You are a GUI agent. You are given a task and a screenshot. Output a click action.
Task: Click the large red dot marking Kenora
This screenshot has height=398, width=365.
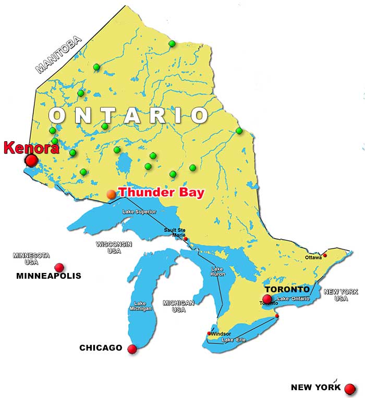coord(32,160)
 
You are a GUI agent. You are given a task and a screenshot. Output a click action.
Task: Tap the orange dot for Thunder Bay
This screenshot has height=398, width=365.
coord(111,194)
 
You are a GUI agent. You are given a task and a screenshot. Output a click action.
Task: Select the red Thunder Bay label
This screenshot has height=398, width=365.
coord(162,192)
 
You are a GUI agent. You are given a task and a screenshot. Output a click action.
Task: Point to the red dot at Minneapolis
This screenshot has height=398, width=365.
coord(59,267)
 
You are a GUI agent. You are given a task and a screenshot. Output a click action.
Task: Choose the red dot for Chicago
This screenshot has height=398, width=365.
coord(132,349)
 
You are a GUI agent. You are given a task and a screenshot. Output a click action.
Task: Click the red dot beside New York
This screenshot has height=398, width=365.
coord(350,389)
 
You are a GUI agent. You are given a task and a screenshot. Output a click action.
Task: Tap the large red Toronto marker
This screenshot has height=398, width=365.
coord(267,299)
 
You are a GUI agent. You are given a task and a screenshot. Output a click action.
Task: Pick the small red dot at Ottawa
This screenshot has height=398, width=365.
coord(325,255)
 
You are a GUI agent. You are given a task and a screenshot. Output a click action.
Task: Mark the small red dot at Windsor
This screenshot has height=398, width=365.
coord(210,333)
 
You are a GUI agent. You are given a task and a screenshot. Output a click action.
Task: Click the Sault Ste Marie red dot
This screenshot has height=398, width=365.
coord(186,239)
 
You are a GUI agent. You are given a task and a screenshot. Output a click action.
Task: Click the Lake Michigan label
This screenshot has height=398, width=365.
coord(140,306)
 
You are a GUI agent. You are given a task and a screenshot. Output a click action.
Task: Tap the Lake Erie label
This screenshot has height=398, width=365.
coord(234,340)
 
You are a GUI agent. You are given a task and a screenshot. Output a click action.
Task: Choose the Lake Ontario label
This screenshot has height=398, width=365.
coord(294,298)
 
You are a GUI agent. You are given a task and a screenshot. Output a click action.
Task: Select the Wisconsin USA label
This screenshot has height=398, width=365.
coord(114,247)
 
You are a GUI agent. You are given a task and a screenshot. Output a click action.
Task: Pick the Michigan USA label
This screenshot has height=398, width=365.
coord(178,306)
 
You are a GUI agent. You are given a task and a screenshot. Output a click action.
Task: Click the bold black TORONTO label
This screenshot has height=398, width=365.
coord(287,289)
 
